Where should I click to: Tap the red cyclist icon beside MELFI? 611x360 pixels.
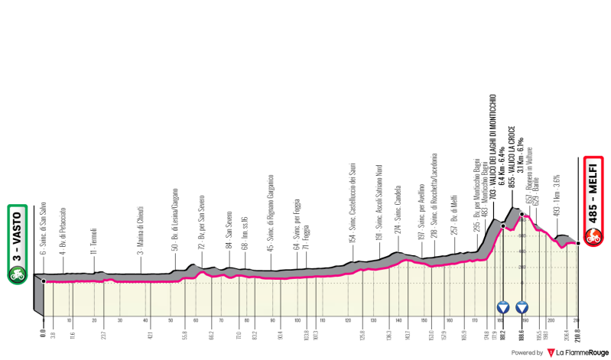tap(593, 238)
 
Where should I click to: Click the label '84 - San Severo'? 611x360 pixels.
tap(227, 234)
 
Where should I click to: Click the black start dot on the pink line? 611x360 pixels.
tap(44, 281)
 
